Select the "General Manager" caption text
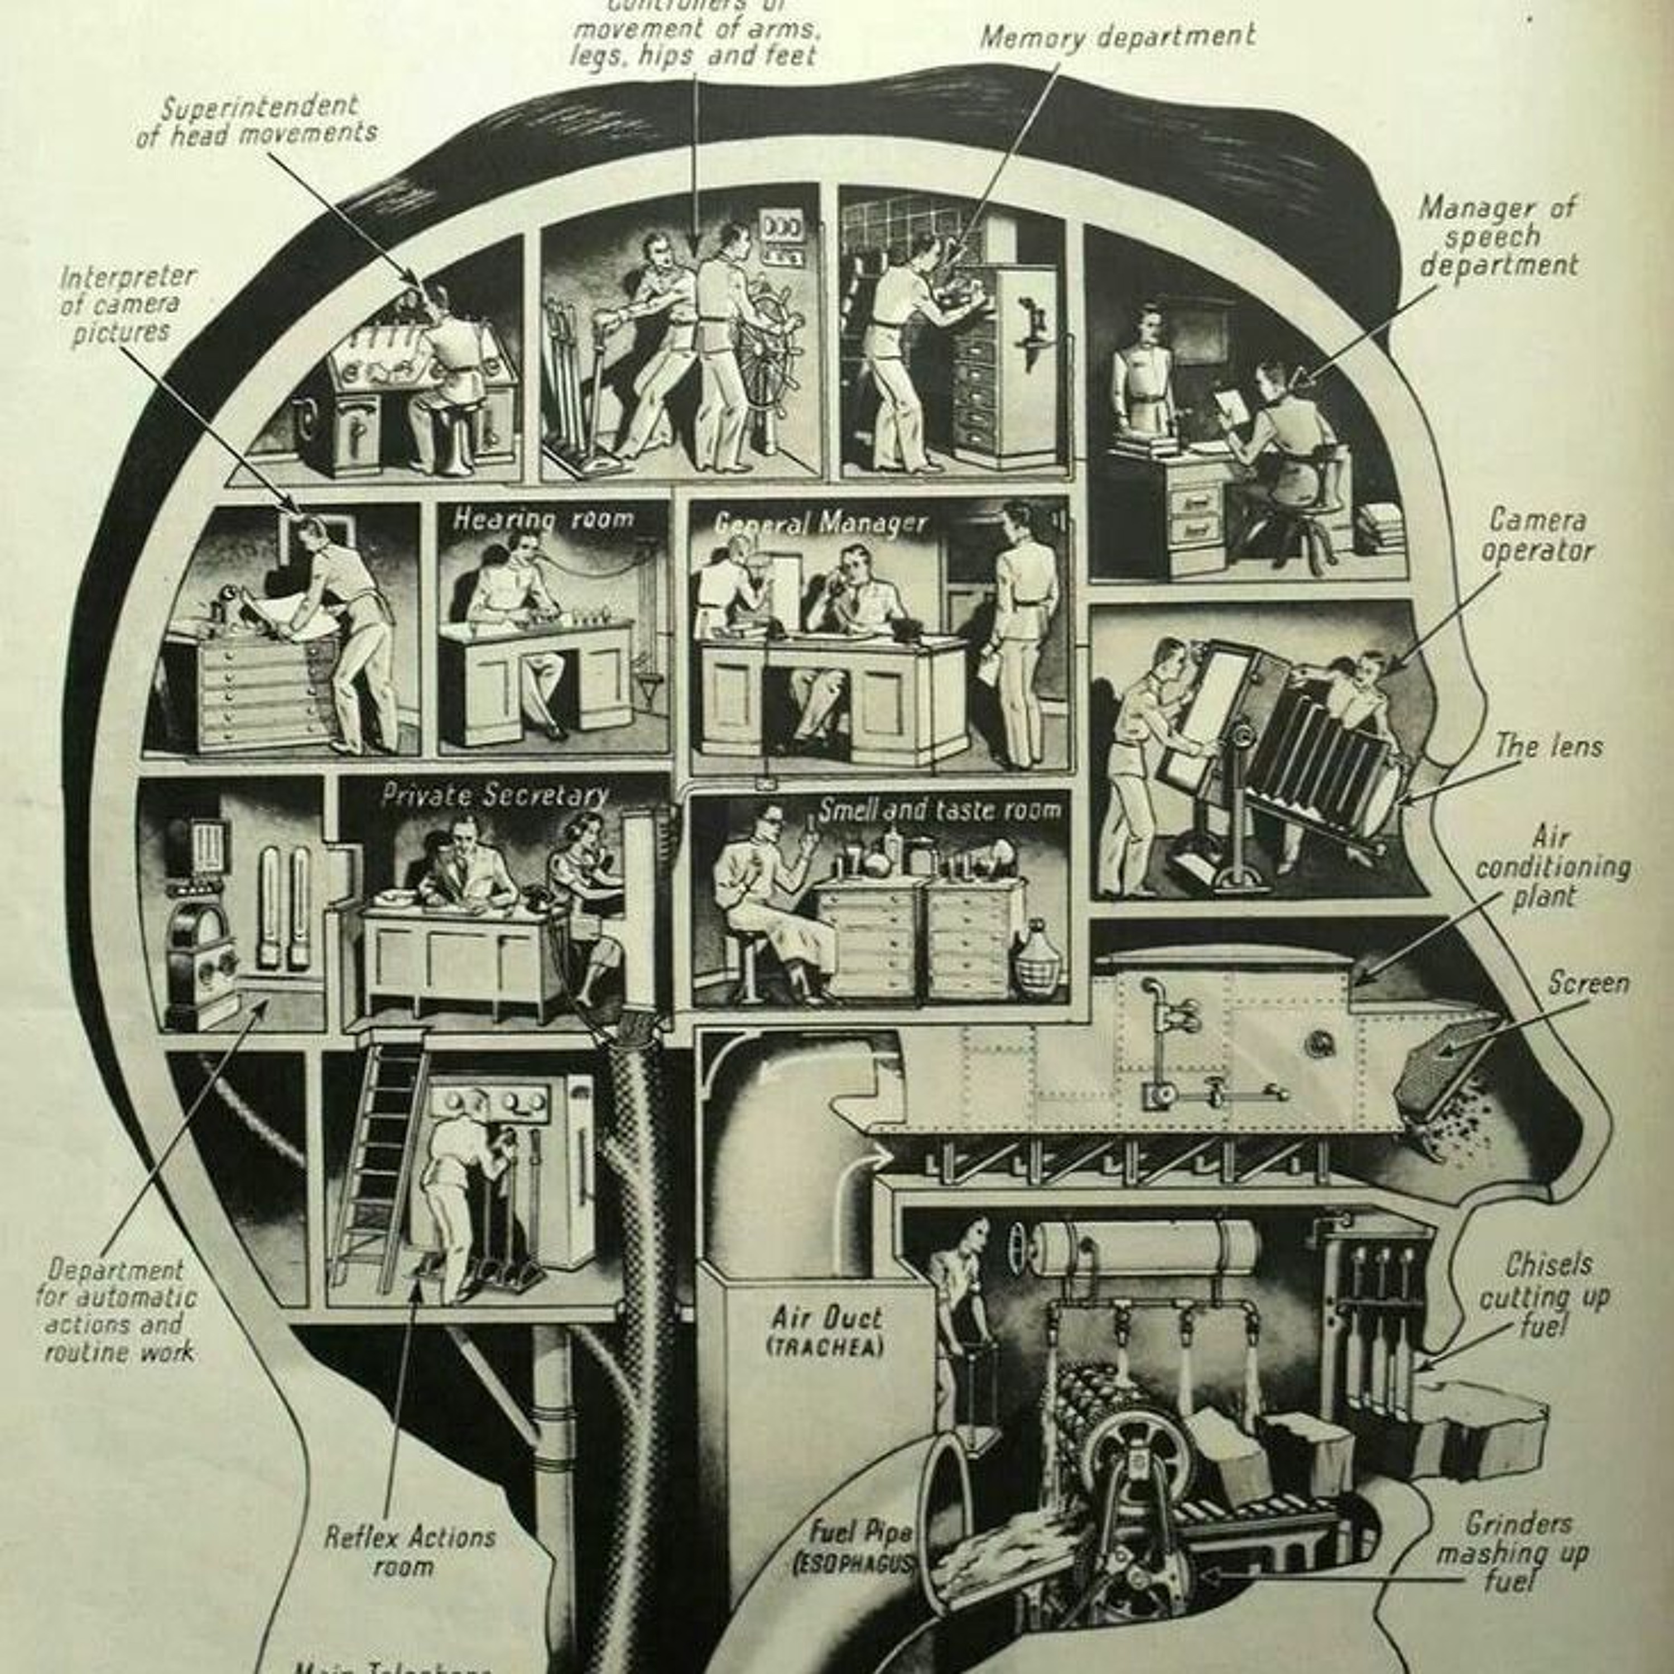click(x=820, y=523)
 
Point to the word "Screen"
click(x=1588, y=983)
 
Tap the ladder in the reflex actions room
click(x=378, y=1170)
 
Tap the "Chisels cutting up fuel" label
click(x=1544, y=1295)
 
